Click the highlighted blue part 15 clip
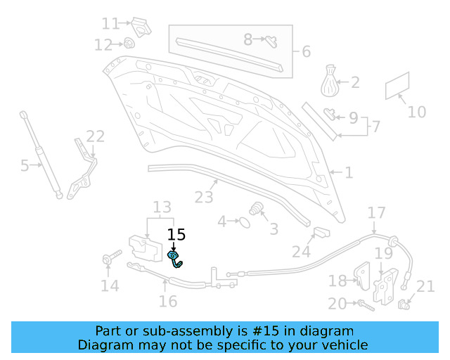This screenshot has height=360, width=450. tap(175, 259)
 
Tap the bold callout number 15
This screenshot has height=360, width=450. tap(176, 235)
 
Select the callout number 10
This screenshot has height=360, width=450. tap(417, 112)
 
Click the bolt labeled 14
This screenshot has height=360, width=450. tap(108, 260)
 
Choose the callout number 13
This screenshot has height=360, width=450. tap(162, 207)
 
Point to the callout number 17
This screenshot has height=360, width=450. tap(377, 212)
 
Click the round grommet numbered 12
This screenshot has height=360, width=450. tap(130, 43)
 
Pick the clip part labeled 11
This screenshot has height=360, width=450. tap(141, 26)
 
